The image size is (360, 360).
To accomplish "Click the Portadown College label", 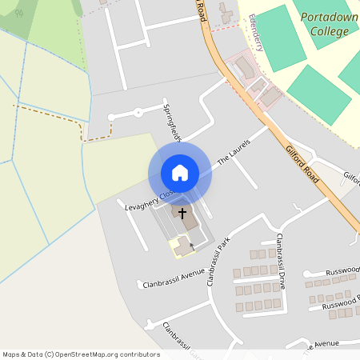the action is [326, 24].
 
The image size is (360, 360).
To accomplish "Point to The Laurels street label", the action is [234, 151].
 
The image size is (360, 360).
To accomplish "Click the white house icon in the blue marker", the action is [180, 173].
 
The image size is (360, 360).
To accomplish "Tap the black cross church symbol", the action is [182, 214].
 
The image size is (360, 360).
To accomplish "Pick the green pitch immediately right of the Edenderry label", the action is [280, 36].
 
